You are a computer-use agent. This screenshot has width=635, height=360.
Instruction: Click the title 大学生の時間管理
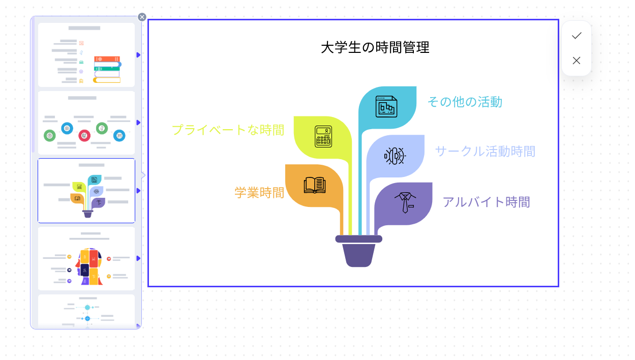click(375, 48)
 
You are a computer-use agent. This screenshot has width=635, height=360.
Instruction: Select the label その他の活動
click(464, 102)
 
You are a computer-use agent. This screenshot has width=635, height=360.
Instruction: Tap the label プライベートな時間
click(228, 130)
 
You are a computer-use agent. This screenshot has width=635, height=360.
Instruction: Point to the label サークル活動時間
click(485, 152)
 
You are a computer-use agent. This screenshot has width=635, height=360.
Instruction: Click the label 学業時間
click(259, 193)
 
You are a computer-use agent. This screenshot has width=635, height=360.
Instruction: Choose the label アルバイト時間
click(486, 202)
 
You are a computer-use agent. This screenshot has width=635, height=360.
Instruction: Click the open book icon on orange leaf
click(314, 185)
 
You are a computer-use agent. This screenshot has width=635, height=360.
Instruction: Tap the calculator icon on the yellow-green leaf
click(323, 136)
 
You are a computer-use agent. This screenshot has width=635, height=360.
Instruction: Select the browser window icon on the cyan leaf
click(386, 106)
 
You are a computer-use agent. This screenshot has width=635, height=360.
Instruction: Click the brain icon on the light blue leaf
click(394, 156)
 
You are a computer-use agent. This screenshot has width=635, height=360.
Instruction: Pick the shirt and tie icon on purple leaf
click(405, 202)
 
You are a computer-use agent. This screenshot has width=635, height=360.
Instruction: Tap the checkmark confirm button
click(576, 36)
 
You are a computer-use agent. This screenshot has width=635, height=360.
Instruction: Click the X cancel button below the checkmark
click(576, 61)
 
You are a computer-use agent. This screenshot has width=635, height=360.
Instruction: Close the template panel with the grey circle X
click(142, 17)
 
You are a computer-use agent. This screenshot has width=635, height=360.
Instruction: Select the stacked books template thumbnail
click(86, 55)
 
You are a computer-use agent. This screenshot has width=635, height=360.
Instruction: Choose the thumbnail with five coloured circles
click(86, 123)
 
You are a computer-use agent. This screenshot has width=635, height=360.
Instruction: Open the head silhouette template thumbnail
click(86, 258)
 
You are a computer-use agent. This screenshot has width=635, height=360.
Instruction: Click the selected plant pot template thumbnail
click(86, 191)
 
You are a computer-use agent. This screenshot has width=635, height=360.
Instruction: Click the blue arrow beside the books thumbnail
click(138, 55)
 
